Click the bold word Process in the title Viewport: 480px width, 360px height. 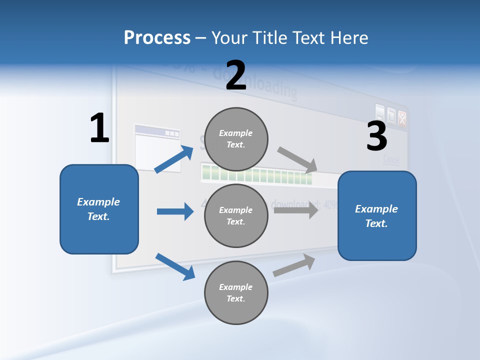click(157, 38)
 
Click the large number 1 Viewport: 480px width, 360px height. click(99, 128)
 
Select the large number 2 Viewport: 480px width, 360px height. click(236, 75)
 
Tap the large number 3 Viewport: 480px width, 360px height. click(376, 136)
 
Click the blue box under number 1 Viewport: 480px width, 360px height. click(99, 209)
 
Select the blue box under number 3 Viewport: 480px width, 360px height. click(377, 216)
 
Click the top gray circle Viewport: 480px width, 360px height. click(236, 139)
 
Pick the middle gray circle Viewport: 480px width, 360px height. click(236, 216)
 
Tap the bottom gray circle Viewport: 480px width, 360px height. click(236, 293)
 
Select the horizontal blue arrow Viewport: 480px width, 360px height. click(175, 211)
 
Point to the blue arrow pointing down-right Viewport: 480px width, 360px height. click(175, 266)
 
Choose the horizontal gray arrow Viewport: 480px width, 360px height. click(296, 210)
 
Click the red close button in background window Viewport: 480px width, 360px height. click(402, 118)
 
